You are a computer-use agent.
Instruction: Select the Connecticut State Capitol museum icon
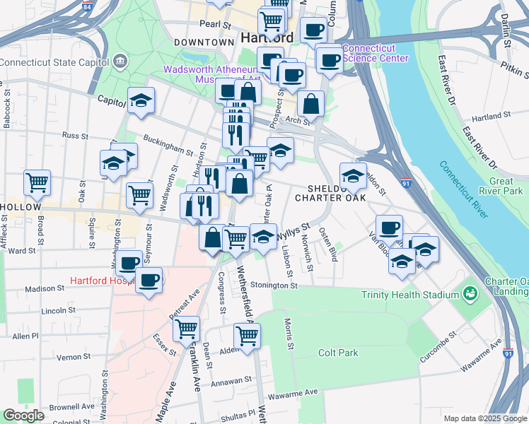tap(120, 61)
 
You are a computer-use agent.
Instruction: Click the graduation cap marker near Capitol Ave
tap(141, 101)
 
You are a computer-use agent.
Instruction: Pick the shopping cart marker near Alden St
tap(247, 336)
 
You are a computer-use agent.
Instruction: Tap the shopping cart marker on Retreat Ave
tap(186, 329)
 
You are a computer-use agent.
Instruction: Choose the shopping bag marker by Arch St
tap(310, 103)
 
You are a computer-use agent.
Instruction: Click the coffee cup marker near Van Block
tap(389, 228)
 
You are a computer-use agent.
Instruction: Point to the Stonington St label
tap(272, 285)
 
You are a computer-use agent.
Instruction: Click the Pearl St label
tap(215, 24)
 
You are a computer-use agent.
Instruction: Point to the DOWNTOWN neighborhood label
tap(204, 42)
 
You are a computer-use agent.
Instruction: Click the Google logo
tap(24, 415)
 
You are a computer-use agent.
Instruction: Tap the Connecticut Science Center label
tap(375, 53)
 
